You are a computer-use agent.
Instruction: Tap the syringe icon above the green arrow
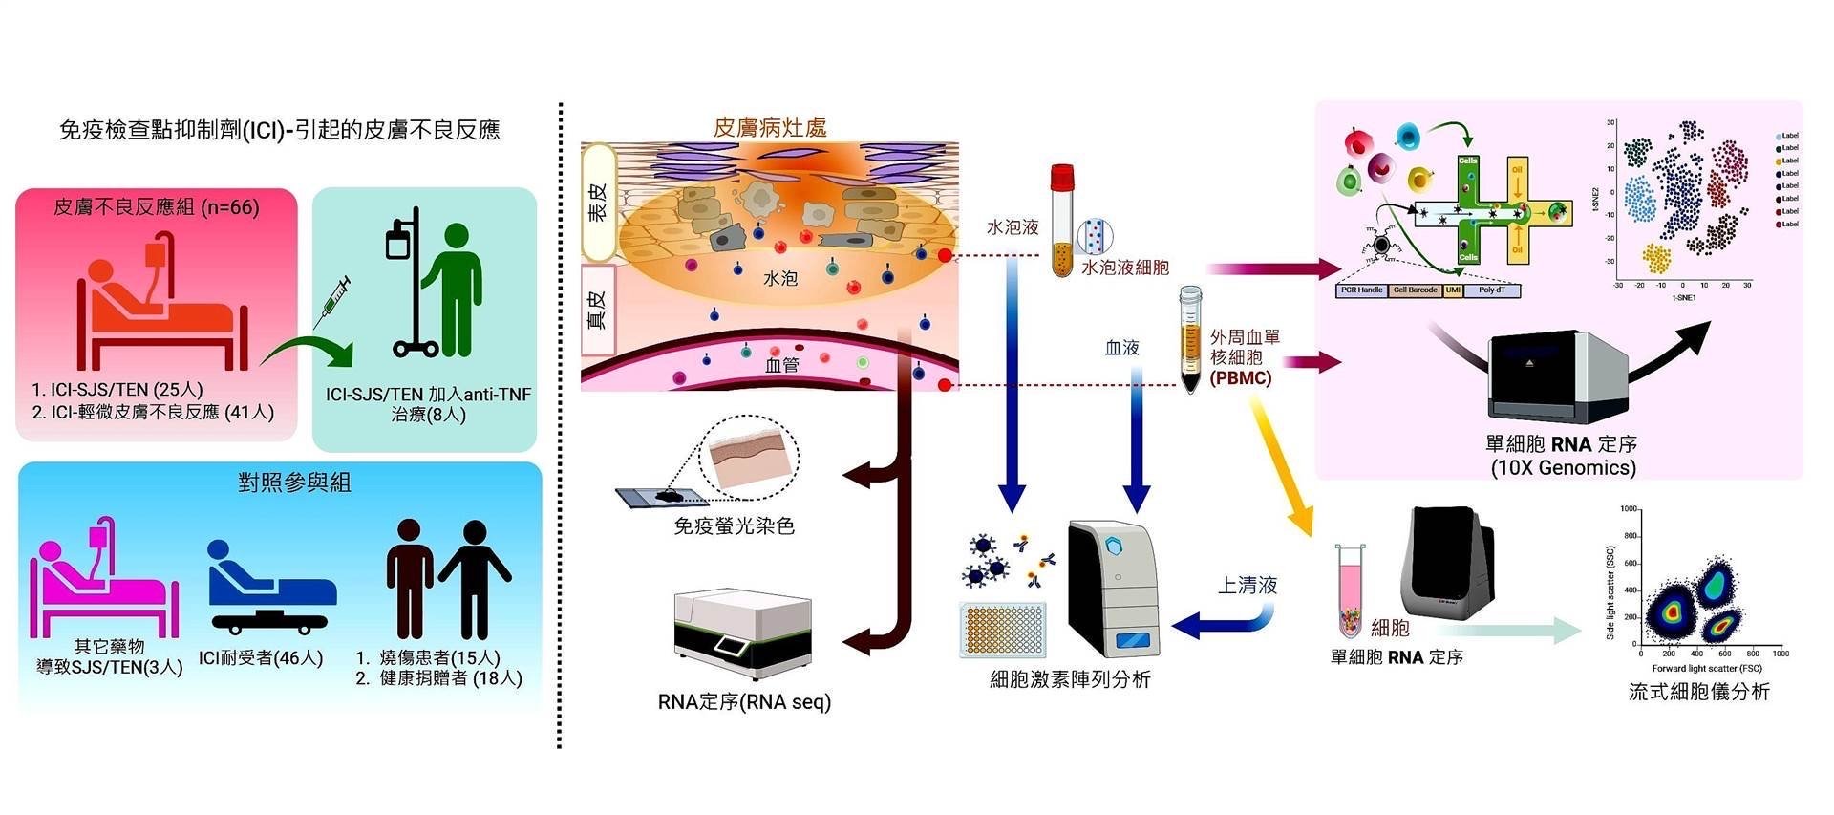click(x=330, y=297)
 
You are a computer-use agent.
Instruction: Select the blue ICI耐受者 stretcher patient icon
click(x=271, y=589)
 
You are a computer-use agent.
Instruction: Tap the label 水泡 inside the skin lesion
click(x=779, y=278)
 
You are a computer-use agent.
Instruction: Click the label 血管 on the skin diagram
click(x=781, y=365)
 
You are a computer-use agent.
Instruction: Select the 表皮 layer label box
click(x=598, y=203)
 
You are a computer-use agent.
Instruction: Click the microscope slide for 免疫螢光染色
click(x=658, y=497)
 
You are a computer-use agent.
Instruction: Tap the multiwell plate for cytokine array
click(x=1003, y=631)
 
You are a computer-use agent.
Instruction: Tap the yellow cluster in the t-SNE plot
click(x=1656, y=258)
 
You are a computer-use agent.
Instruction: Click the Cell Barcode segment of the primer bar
click(x=1415, y=290)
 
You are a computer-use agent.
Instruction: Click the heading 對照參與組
click(x=294, y=483)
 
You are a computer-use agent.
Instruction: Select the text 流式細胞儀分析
click(x=1698, y=692)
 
